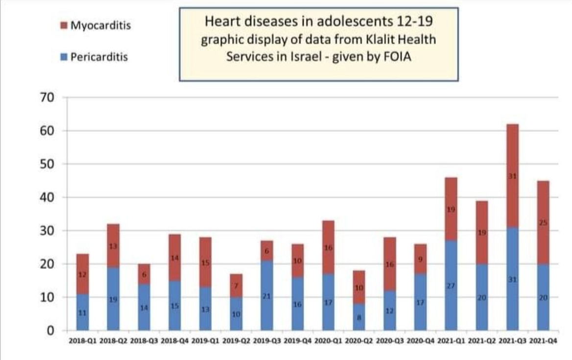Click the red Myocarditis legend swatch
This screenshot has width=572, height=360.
point(64,24)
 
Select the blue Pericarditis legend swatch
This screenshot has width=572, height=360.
point(64,57)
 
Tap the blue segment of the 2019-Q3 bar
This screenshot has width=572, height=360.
point(267,295)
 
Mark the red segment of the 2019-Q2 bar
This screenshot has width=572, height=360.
point(236,286)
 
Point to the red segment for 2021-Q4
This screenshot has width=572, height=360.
point(543,223)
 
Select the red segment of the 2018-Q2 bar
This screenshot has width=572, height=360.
point(113,246)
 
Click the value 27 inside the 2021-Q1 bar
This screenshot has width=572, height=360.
point(451,285)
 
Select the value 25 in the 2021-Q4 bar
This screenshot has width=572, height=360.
point(543,223)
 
